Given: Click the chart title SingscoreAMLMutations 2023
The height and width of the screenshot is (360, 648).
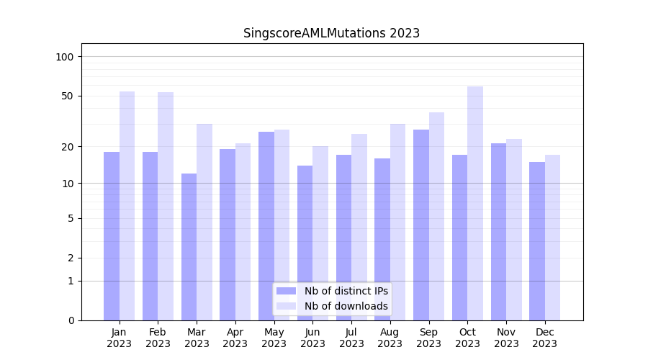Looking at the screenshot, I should (x=331, y=33).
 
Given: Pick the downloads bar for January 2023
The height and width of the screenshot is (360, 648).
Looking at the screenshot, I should (x=127, y=205).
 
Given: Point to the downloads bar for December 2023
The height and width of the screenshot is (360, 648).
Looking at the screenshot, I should (x=552, y=238).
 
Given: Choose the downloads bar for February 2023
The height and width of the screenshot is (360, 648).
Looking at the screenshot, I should (x=166, y=206).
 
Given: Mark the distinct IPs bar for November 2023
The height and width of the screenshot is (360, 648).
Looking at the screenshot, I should (x=498, y=231).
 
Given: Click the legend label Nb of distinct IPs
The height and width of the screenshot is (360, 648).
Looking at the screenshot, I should (x=346, y=291).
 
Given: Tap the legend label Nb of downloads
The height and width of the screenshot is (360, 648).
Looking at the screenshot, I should (x=346, y=306).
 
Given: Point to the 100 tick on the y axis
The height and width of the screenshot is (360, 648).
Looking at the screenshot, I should (x=69, y=57).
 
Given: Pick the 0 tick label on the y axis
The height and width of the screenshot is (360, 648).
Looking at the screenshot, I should (x=71, y=320).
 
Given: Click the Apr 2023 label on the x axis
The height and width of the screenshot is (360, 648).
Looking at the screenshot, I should (x=235, y=338).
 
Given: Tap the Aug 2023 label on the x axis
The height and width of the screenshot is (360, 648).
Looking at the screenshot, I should (x=390, y=338).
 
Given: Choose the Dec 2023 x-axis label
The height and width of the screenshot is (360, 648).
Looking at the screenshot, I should (x=544, y=338).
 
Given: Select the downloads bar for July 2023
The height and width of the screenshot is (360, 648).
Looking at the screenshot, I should (x=359, y=227).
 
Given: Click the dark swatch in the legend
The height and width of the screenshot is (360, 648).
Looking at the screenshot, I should (x=286, y=291).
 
